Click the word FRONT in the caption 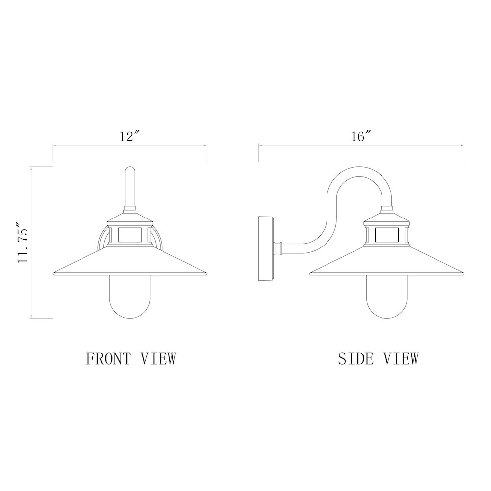pos(108,358)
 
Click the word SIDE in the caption pos(355,358)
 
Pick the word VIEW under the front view pos(159,358)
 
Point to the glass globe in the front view pos(130,298)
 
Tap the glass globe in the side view pos(387,298)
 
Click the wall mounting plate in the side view pos(266,248)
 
